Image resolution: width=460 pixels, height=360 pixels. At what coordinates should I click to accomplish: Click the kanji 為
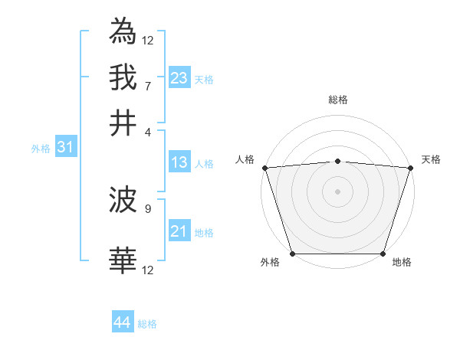click(123, 31)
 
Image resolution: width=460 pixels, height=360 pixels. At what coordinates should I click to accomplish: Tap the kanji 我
click(123, 77)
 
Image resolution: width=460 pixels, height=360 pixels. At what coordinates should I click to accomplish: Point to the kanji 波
click(123, 201)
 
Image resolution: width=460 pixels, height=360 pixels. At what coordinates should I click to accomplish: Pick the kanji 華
click(123, 261)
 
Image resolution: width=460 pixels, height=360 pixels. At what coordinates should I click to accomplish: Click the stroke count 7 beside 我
click(147, 85)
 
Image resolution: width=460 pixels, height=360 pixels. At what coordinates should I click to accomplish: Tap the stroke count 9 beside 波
click(147, 208)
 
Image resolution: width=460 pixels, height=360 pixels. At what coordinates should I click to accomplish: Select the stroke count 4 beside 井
click(147, 131)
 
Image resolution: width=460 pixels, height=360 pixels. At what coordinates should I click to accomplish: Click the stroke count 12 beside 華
click(147, 270)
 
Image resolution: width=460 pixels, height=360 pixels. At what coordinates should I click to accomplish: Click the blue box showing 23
click(179, 78)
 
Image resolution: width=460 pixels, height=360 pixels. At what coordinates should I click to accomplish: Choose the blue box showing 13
click(179, 162)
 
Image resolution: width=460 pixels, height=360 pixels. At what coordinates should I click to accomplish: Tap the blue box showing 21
click(179, 231)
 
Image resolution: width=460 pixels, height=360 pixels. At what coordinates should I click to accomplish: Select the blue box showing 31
click(65, 148)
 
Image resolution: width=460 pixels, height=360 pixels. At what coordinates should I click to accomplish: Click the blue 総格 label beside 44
click(147, 324)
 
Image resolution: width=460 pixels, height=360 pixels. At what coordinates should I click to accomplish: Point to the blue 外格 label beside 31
click(41, 149)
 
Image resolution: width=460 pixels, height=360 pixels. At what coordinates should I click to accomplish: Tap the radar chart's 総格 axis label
click(337, 100)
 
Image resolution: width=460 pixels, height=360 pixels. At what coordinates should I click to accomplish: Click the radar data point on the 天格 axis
click(411, 168)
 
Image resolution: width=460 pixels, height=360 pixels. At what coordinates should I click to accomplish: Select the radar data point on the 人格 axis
click(264, 168)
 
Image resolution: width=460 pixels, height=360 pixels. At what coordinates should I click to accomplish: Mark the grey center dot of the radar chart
click(337, 191)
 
